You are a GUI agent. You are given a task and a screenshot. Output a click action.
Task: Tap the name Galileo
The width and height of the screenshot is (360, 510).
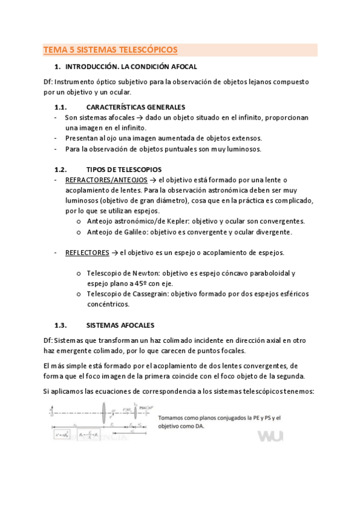click(131, 232)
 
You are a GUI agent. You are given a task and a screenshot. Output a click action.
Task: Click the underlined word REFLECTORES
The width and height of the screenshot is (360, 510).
click(87, 253)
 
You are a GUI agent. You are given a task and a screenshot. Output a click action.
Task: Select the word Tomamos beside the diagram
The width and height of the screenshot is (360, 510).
click(174, 418)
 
